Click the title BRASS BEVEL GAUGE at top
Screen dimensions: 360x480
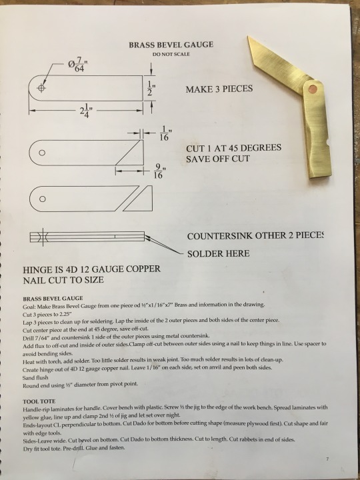tap(171, 45)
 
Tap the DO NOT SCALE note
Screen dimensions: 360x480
tap(171, 54)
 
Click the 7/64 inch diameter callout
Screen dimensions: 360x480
tap(78, 65)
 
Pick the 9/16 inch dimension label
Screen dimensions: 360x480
tap(159, 171)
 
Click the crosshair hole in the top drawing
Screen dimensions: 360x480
tap(41, 88)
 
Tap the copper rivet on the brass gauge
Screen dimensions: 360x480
tap(313, 89)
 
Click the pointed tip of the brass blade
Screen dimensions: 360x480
tap(248, 37)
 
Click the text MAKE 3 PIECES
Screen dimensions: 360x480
tap(219, 89)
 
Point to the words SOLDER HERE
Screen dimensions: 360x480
tap(218, 253)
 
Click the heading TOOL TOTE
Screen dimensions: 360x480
tap(39, 401)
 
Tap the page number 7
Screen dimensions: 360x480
tap(327, 459)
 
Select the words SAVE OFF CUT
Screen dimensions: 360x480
tap(217, 159)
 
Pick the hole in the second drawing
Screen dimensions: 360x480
tap(42, 153)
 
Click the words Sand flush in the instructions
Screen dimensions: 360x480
tap(35, 377)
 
